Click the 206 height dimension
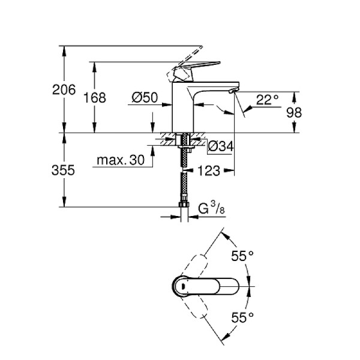coord(64,90)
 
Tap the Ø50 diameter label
coord(144,97)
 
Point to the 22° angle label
coord(268,100)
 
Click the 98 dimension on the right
coord(310,113)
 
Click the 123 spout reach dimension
coord(208,171)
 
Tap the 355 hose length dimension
coord(64,170)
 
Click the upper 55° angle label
coord(243,256)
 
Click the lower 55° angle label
coord(243,316)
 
